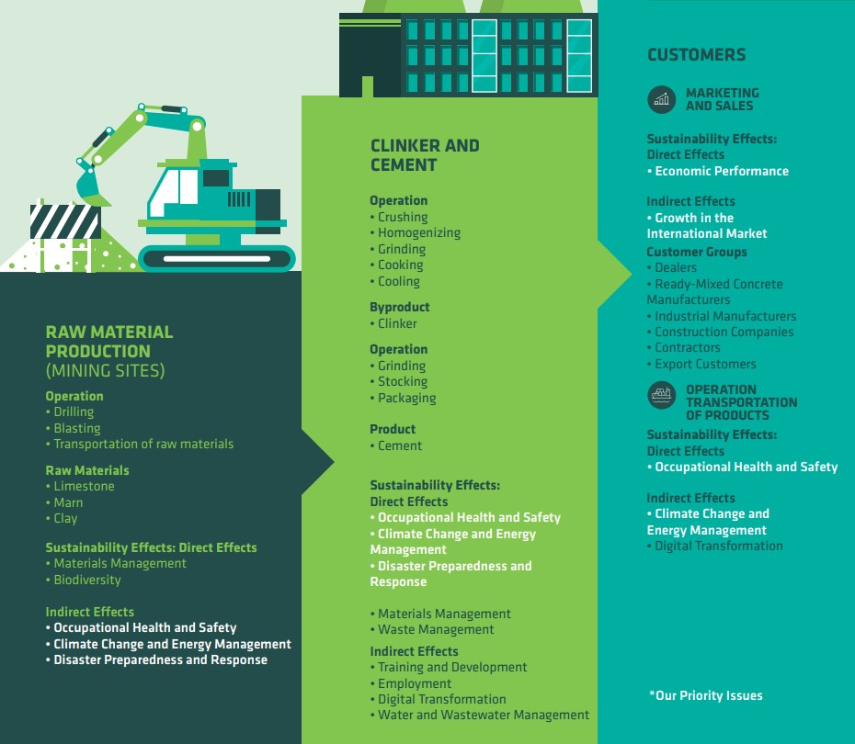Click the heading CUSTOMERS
(x=696, y=54)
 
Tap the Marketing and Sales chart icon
(x=661, y=100)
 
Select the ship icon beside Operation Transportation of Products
(x=661, y=395)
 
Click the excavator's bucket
(x=90, y=186)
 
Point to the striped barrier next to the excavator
(x=65, y=221)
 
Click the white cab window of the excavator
(x=172, y=191)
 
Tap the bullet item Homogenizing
(x=416, y=233)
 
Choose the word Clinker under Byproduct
(x=397, y=323)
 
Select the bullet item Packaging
(x=403, y=398)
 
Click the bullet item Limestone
(x=80, y=487)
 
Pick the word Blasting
(x=77, y=429)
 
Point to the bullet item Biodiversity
(x=84, y=581)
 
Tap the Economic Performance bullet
(x=718, y=171)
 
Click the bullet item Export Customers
(x=701, y=364)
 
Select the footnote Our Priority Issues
(x=705, y=695)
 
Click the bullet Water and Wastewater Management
(x=480, y=716)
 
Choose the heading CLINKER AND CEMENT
(x=425, y=155)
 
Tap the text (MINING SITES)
(x=105, y=371)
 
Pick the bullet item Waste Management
(x=432, y=629)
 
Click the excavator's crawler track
(x=217, y=258)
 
